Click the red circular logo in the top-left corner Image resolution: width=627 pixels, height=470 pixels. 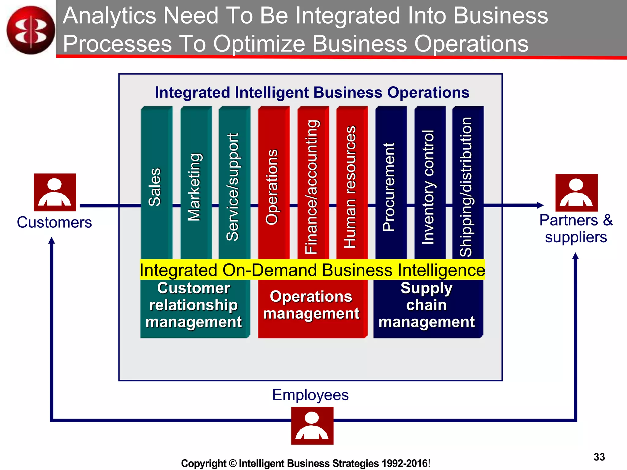[x=31, y=30]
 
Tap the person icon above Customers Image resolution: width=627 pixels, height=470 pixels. [x=55, y=192]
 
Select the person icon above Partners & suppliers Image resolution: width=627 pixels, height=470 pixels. [x=576, y=192]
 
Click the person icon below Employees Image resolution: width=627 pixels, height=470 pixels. [x=312, y=426]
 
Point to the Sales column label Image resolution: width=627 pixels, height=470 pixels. [x=155, y=187]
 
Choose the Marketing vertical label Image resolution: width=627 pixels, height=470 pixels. [x=194, y=187]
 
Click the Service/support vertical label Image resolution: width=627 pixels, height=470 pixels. [x=232, y=187]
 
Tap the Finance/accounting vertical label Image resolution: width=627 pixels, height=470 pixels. [x=312, y=187]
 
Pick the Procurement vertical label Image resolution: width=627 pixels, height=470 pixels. [x=389, y=187]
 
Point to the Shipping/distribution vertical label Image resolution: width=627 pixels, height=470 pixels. [x=466, y=187]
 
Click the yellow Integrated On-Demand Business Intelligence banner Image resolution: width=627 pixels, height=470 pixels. [x=312, y=270]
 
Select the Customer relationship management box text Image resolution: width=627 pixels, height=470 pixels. [x=193, y=305]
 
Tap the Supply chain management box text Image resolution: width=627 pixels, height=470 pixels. [x=426, y=305]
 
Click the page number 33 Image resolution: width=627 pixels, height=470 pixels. [x=599, y=457]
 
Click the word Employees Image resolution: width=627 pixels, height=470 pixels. [x=310, y=395]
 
